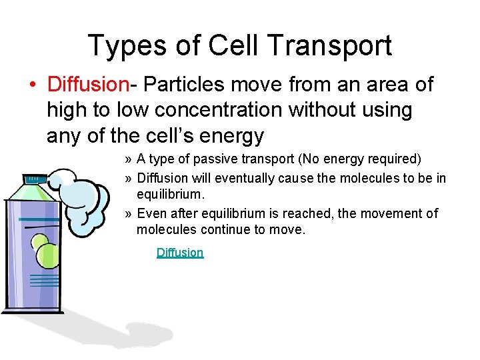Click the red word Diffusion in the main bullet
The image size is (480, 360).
88,85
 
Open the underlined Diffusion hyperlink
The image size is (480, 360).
179,253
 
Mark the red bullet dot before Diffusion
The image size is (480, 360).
32,85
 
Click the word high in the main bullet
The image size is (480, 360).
67,110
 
